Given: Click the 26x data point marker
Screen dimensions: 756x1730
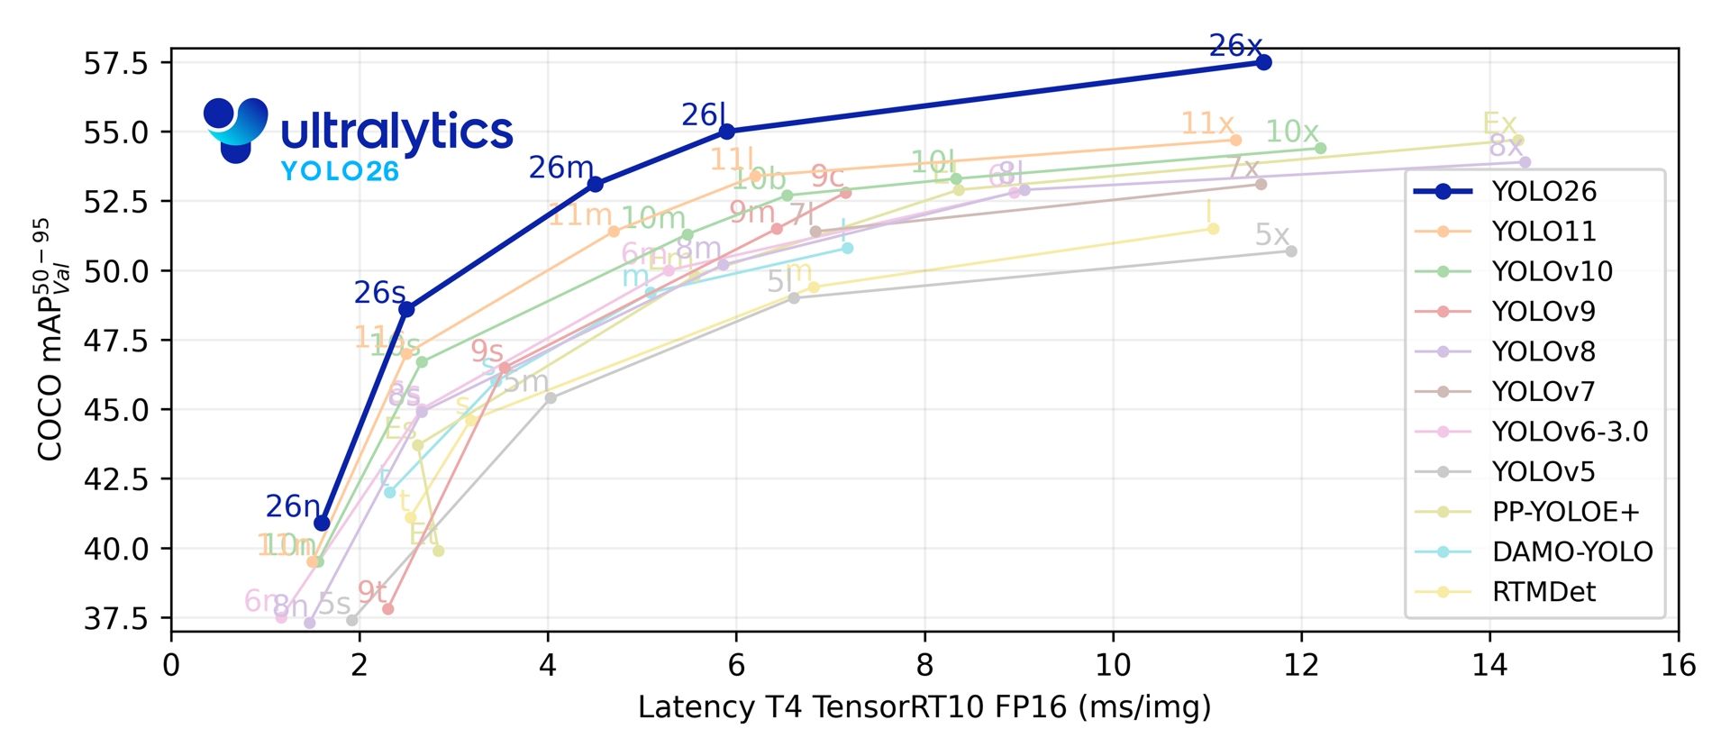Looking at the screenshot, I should click(x=1263, y=62).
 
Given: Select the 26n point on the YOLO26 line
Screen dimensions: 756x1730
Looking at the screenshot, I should click(x=322, y=524).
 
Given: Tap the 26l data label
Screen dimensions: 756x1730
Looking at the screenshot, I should click(x=703, y=115).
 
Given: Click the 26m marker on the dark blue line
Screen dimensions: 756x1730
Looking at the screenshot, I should click(x=596, y=184).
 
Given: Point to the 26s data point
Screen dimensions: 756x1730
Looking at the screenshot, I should click(x=406, y=309).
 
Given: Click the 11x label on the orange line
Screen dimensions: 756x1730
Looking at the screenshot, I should click(x=1206, y=123).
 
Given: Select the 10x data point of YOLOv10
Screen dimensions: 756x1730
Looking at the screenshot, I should click(x=1320, y=148).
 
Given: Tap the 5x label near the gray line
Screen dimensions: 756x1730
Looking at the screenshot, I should click(x=1271, y=235).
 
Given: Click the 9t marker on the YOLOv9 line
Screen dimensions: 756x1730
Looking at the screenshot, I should click(x=387, y=609).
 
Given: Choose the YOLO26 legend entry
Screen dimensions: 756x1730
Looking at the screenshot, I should click(x=1543, y=191).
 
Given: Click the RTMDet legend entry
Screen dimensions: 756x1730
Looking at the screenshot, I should click(x=1543, y=592).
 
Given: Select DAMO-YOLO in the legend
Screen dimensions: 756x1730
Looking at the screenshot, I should click(x=1571, y=551).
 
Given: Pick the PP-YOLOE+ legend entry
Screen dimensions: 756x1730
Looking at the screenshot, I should click(x=1565, y=512).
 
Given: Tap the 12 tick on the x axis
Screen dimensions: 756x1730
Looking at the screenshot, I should click(x=1301, y=666).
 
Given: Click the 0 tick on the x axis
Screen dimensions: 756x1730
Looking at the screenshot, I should click(x=171, y=666).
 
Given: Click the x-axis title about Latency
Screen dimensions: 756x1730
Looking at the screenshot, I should click(x=924, y=707).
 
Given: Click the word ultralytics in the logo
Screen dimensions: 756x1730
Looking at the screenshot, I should click(x=396, y=132).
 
